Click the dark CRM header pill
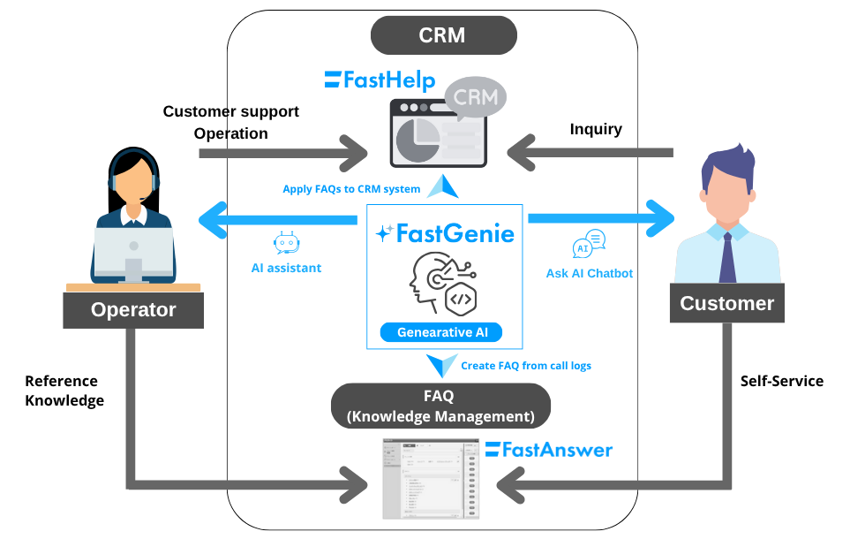(442, 36)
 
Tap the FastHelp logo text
(380, 80)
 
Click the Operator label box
(133, 310)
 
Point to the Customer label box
(726, 304)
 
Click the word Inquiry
(596, 129)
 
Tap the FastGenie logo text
(445, 234)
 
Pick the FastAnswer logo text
(549, 450)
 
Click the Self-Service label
(782, 381)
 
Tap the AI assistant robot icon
(286, 244)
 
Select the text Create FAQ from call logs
(528, 365)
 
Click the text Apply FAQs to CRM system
(351, 188)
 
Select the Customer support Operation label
(231, 123)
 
